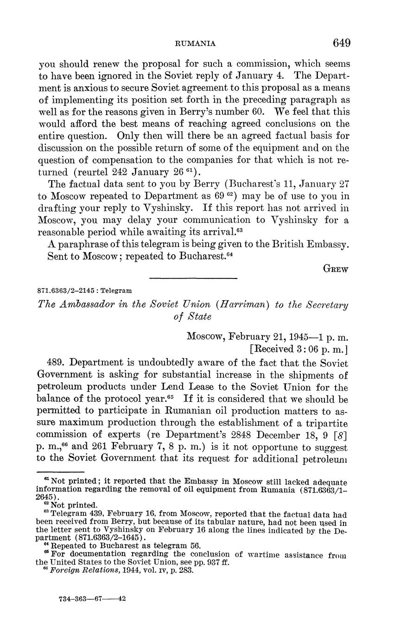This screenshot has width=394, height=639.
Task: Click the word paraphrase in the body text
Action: click(77, 244)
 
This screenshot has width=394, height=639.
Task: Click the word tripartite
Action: click(328, 423)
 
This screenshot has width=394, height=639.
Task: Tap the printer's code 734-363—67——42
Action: click(92, 598)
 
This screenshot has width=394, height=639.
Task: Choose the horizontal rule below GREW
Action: click(193, 278)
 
